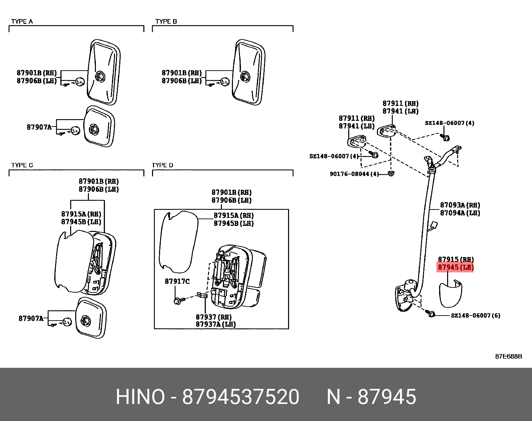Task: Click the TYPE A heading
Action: (22, 21)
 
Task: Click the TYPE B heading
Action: (166, 21)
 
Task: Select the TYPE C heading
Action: (22, 165)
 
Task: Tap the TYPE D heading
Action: (162, 165)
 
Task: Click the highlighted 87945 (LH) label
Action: (455, 267)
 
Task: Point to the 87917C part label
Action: (177, 281)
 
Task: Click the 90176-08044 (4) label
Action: (354, 174)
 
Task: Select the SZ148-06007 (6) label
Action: (476, 315)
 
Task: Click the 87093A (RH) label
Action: (460, 205)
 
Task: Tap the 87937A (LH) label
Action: (216, 324)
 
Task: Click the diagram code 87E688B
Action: (508, 356)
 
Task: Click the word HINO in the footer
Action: (140, 397)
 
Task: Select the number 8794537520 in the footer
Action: (241, 397)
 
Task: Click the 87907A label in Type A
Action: (39, 127)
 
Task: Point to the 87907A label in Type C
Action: (31, 318)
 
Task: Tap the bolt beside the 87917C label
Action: (177, 301)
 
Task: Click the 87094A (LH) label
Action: (460, 213)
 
